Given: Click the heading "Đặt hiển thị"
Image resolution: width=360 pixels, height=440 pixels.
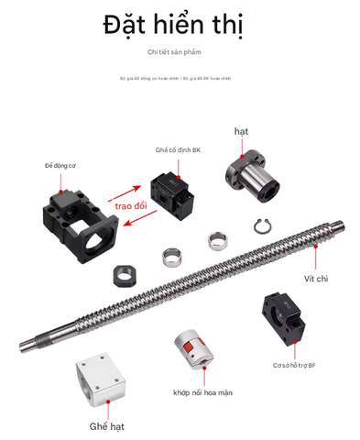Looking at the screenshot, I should point(180,25).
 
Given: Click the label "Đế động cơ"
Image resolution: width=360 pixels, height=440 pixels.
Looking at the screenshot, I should point(61,166).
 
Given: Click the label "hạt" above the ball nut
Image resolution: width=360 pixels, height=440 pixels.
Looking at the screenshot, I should point(241,132).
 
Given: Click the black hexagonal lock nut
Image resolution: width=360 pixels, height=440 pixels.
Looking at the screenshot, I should point(123,274).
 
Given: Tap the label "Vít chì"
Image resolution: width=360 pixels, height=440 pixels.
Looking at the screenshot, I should point(317,277).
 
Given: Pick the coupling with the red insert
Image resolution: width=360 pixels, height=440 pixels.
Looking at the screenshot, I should point(192,352).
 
